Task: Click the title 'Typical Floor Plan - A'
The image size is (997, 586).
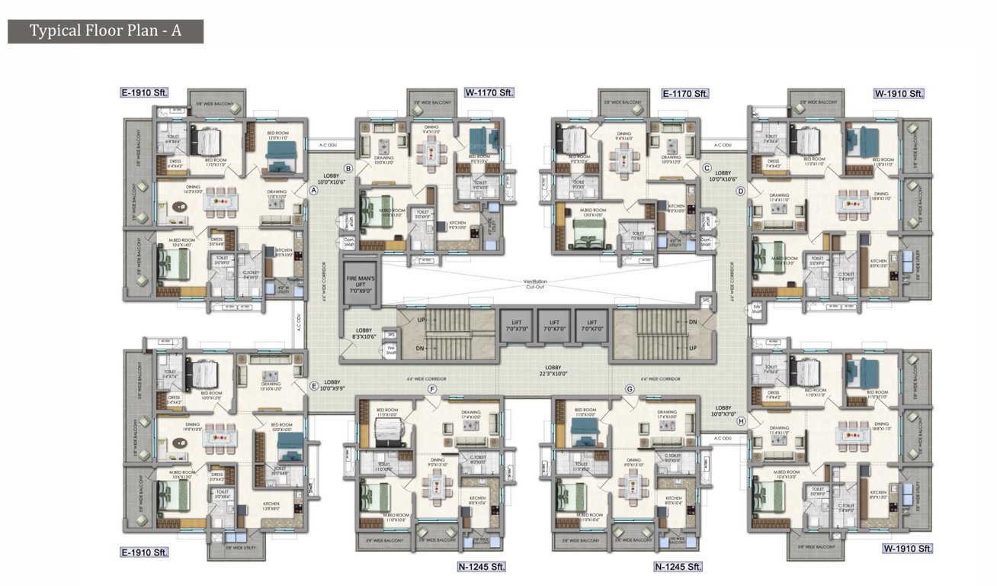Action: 105,31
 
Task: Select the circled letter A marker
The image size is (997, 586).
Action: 313,191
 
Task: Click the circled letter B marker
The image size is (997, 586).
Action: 348,168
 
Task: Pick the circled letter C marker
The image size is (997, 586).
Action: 707,168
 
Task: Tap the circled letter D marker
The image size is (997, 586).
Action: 739,192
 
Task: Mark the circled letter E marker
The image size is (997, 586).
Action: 313,387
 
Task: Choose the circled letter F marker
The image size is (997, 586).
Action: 432,389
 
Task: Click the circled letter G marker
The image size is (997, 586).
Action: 630,389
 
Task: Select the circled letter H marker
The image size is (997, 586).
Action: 741,421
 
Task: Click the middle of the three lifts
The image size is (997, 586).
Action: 553,325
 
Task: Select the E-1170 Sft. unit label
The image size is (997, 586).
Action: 685,93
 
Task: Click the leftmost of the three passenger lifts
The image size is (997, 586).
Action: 515,325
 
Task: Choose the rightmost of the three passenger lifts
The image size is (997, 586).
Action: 591,325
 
